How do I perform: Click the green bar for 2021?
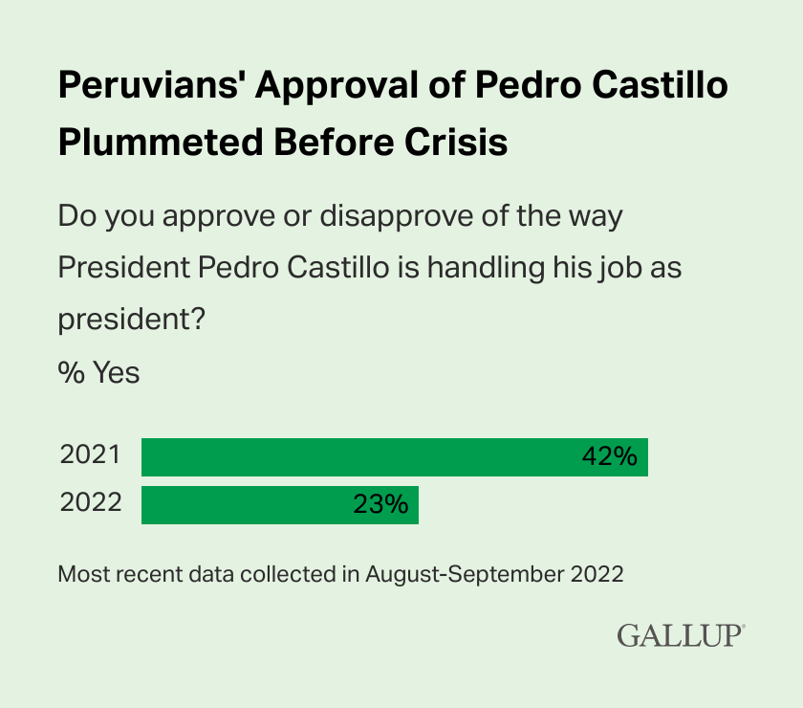pos(394,456)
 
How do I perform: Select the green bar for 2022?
pos(279,504)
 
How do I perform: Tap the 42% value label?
pos(609,456)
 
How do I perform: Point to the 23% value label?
pos(380,504)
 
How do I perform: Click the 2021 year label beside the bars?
pos(91,455)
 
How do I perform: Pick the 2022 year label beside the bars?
pos(91,503)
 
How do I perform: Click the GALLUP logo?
pos(681,634)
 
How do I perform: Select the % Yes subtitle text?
pos(98,372)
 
